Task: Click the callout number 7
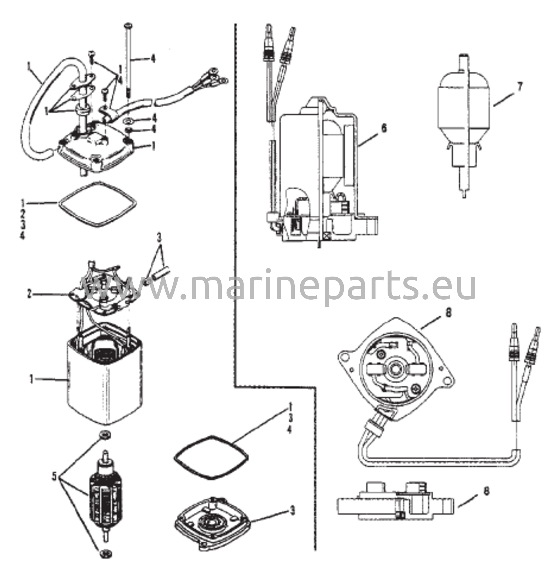tap(519, 87)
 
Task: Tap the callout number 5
tap(54, 477)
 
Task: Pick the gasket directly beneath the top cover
tap(98, 204)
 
